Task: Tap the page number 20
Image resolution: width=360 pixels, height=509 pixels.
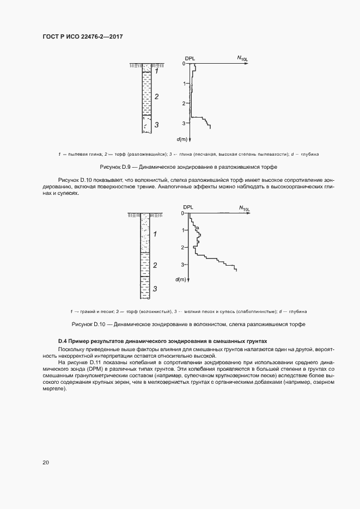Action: pyautogui.click(x=46, y=462)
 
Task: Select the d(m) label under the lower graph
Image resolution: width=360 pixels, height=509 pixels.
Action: pyautogui.click(x=181, y=279)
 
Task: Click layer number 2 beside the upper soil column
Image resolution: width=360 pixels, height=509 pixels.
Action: pyautogui.click(x=156, y=96)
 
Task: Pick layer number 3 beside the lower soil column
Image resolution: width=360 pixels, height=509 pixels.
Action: pyautogui.click(x=155, y=288)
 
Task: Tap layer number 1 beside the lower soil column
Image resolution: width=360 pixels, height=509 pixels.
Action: pyautogui.click(x=155, y=234)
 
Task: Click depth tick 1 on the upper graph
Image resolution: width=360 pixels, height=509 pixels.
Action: pyautogui.click(x=185, y=83)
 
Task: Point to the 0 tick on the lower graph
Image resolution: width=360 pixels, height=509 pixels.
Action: pyautogui.click(x=182, y=213)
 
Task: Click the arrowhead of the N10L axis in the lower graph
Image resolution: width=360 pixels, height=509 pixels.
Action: pyautogui.click(x=249, y=213)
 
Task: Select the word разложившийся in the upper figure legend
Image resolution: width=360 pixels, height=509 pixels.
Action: pyautogui.click(x=146, y=155)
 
